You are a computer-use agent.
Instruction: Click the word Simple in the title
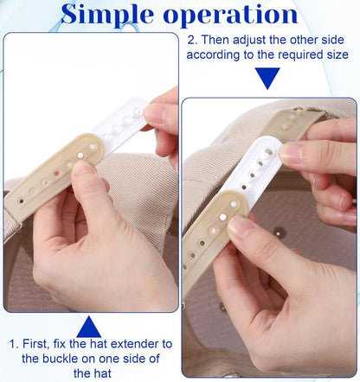107,14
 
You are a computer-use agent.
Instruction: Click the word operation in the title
230,16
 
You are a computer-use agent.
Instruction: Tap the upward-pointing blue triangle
89,327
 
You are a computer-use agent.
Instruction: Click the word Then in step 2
215,40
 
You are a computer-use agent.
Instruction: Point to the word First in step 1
35,344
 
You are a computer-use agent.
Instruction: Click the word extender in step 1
136,344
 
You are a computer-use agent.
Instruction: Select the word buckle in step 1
61,359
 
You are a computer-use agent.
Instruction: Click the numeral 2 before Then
192,40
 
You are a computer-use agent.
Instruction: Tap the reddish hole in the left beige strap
56,174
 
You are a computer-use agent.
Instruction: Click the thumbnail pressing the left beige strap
81,170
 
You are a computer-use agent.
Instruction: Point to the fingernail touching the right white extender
289,153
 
